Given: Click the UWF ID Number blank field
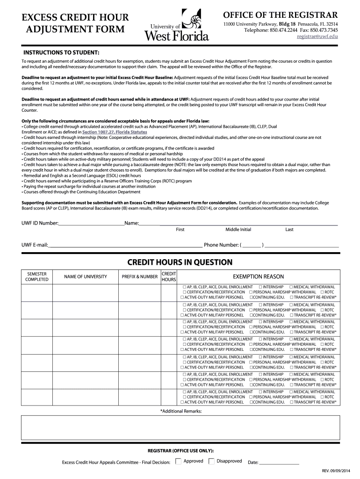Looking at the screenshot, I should coord(91,223).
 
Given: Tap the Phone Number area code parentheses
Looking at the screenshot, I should coord(252,245).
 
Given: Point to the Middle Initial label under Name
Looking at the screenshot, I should coord(238,230).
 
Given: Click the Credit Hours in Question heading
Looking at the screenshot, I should coord(180,262).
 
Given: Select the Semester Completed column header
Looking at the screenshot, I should coord(37,276).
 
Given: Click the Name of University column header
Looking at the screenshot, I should coord(86,276).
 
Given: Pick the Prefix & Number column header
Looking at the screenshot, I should coord(139,276).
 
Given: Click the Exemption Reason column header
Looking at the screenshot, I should coord(258,276).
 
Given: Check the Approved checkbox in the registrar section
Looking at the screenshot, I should coord(178,461).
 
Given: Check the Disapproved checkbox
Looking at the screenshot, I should coord(211,461).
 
